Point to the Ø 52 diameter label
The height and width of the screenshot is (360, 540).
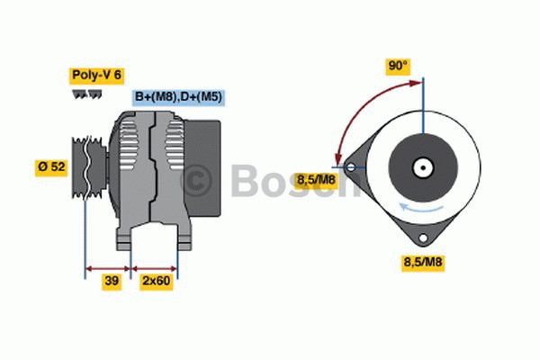pos(50,167)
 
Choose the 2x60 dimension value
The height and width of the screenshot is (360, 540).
pos(155,282)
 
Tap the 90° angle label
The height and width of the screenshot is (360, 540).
pos(398,66)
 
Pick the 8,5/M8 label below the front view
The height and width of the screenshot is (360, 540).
pos(421,263)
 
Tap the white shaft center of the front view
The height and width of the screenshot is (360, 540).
pos(421,167)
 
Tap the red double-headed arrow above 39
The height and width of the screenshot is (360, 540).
pos(108,267)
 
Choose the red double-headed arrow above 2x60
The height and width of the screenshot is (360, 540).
pos(155,267)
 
